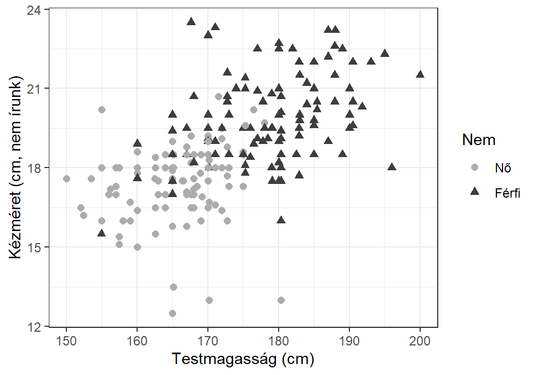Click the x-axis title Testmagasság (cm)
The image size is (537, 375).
[x=243, y=360]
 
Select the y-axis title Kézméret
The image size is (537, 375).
[x=17, y=168]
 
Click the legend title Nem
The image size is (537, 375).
[x=479, y=140]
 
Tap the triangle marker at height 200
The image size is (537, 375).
[x=420, y=74]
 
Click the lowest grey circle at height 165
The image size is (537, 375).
[x=173, y=313]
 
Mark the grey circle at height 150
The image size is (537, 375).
[x=66, y=178]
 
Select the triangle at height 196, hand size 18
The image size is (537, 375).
[x=392, y=167]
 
